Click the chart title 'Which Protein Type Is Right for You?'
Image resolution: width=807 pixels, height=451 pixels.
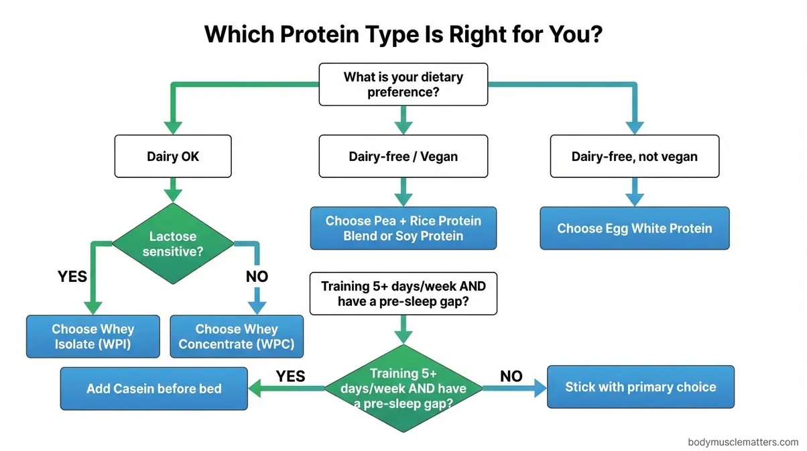pyautogui.click(x=403, y=34)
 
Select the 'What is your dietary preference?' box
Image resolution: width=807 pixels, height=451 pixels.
pyautogui.click(x=403, y=85)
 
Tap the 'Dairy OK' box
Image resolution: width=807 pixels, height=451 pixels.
pyautogui.click(x=173, y=157)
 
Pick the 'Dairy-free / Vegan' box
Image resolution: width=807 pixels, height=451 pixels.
pyautogui.click(x=403, y=157)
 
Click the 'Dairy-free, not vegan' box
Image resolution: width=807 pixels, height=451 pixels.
pyautogui.click(x=634, y=157)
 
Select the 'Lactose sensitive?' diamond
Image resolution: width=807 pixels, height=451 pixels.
pyautogui.click(x=173, y=244)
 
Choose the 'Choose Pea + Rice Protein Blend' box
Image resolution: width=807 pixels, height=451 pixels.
pyautogui.click(x=403, y=228)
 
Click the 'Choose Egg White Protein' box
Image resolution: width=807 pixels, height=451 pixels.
pyautogui.click(x=634, y=228)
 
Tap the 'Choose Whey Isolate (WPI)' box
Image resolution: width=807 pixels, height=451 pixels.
pyautogui.click(x=93, y=336)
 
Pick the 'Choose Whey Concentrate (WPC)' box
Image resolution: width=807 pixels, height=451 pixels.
pyautogui.click(x=237, y=336)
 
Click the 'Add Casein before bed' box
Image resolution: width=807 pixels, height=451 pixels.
pyautogui.click(x=153, y=389)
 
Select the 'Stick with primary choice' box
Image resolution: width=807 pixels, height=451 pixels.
pyautogui.click(x=640, y=387)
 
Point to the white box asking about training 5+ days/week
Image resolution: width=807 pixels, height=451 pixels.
pyautogui.click(x=403, y=294)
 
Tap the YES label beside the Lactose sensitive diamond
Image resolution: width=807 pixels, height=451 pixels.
pyautogui.click(x=72, y=277)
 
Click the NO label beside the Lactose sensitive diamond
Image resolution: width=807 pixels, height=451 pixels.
pyautogui.click(x=256, y=277)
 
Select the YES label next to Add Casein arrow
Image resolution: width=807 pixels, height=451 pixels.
pyautogui.click(x=291, y=376)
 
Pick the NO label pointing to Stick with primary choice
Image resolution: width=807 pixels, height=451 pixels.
pyautogui.click(x=511, y=376)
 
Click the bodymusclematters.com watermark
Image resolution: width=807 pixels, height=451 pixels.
pyautogui.click(x=743, y=442)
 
